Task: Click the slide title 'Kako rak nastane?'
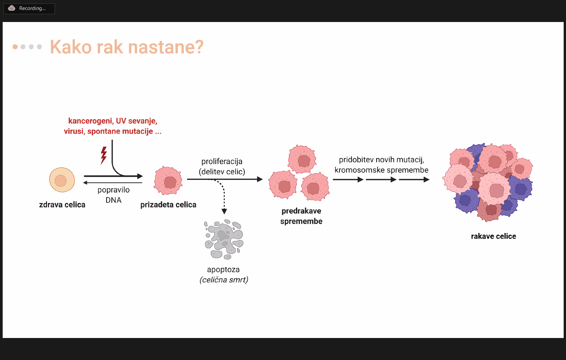point(127,47)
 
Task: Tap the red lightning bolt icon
point(104,156)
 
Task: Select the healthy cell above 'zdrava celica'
point(62,180)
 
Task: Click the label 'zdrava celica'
point(62,204)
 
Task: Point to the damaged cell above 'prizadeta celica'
point(168,181)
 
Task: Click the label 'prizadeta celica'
point(168,204)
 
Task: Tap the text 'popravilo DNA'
point(113,195)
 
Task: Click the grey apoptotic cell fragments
point(223,239)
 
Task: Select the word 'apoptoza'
point(223,269)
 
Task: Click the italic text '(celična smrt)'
point(224,280)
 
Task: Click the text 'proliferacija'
point(222,161)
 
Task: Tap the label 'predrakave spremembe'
point(301,216)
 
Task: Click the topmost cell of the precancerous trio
point(302,159)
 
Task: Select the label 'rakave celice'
point(494,236)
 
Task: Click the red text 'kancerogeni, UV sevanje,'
point(113,121)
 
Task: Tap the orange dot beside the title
point(15,47)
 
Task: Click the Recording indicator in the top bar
point(29,9)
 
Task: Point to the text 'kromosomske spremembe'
point(382,170)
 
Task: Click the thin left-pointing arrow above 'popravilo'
point(113,183)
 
